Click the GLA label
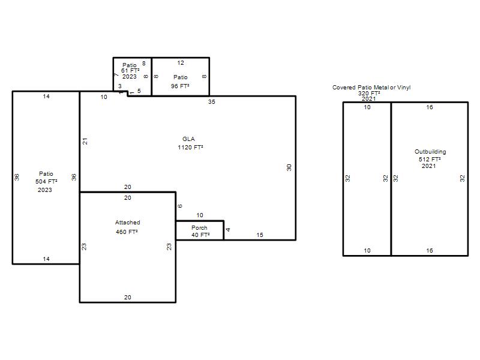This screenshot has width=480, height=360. click(x=188, y=139)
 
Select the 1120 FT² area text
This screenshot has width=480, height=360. click(x=190, y=147)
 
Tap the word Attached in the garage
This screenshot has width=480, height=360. click(x=128, y=223)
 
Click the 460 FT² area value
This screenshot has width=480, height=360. click(x=127, y=232)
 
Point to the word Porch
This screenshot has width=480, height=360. click(x=199, y=228)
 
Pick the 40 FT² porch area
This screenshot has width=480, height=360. click(x=200, y=235)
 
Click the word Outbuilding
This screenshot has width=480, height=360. click(x=430, y=152)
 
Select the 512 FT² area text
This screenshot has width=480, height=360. click(x=430, y=159)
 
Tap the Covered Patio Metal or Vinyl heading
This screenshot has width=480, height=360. click(x=371, y=88)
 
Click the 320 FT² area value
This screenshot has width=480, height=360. click(x=369, y=94)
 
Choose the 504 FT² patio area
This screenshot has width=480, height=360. click(x=46, y=182)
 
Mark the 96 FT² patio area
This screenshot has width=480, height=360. click(x=180, y=86)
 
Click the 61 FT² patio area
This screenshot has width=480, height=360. click(x=130, y=71)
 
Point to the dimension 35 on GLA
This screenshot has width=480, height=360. click(x=212, y=101)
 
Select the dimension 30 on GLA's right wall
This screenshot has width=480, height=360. click(x=289, y=167)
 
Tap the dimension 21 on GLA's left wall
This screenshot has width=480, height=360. click(x=85, y=141)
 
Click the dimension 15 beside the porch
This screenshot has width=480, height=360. click(x=260, y=235)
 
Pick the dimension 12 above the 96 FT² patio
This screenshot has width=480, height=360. click(x=181, y=63)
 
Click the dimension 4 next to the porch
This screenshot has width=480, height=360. click(x=228, y=230)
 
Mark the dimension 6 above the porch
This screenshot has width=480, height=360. click(x=179, y=206)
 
